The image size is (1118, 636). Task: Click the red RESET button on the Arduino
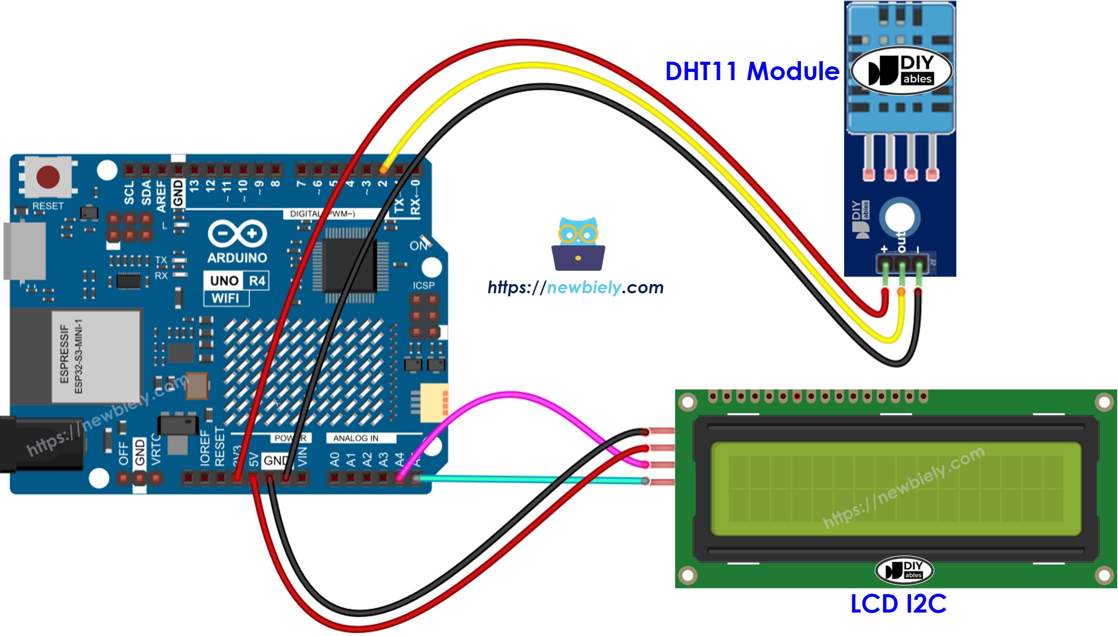48,177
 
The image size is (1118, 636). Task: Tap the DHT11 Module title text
752,71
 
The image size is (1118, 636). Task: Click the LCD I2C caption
898,604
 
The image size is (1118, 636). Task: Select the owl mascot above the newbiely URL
578,244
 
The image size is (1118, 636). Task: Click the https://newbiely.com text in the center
575,288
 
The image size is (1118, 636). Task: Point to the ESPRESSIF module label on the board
65,354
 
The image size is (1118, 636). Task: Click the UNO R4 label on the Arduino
237,281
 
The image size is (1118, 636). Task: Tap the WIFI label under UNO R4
225,298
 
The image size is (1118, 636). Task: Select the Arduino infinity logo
237,234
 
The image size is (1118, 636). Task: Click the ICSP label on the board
423,286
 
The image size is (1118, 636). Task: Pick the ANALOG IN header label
355,438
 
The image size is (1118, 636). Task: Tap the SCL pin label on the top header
129,193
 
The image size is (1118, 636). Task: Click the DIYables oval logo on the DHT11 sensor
901,71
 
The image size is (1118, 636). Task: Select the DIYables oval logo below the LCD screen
904,570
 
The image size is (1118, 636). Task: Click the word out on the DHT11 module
901,241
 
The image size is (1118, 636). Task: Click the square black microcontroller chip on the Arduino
350,265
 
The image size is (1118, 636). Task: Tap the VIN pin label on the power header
302,456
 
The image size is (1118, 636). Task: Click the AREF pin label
161,196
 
